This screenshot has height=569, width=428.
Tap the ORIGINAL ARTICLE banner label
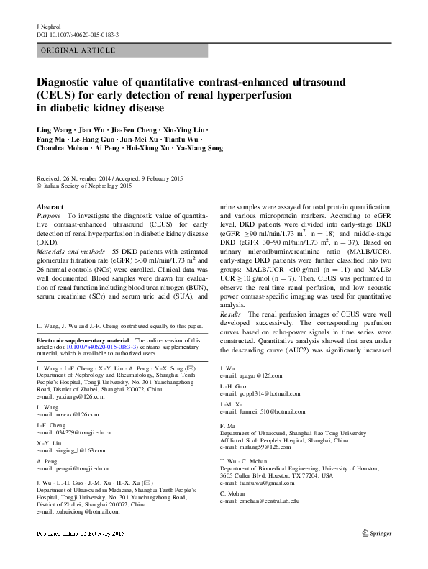click(78, 50)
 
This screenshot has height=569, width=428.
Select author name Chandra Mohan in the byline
click(61, 148)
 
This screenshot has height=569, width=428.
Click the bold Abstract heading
click(50, 206)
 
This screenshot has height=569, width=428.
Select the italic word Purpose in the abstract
click(48, 215)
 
